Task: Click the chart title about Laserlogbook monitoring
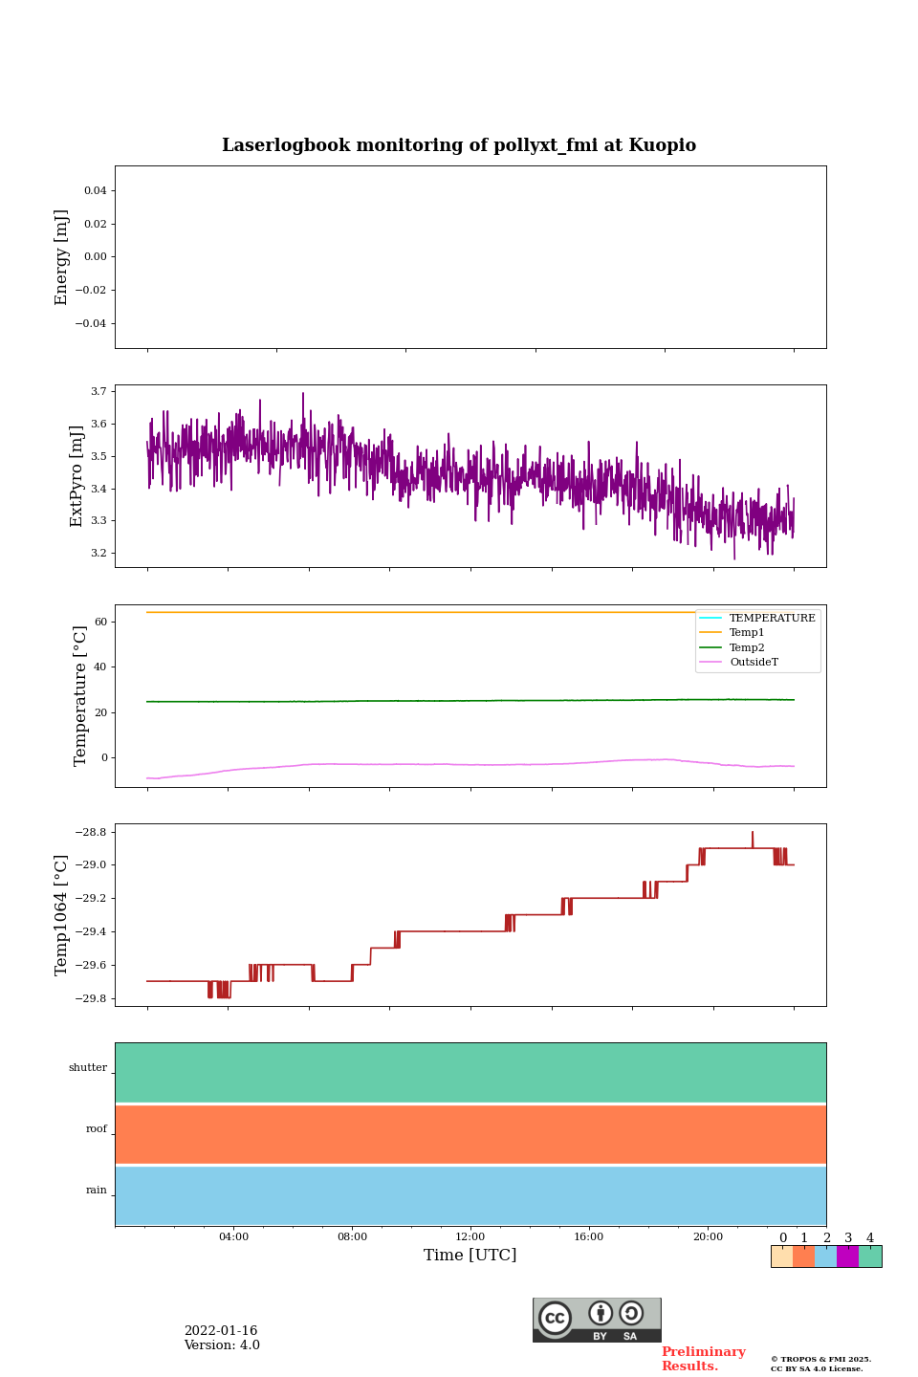point(459,145)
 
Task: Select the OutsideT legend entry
point(754,663)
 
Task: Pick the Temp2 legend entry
point(747,648)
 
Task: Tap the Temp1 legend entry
point(747,633)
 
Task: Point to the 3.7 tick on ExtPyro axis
point(98,392)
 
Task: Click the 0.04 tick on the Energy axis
point(95,191)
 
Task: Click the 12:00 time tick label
point(470,1237)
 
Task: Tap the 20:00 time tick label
point(708,1237)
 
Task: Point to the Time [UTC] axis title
point(470,1256)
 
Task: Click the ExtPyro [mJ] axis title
point(77,476)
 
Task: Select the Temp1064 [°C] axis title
point(62,915)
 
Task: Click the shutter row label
point(88,1068)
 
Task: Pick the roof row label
point(97,1129)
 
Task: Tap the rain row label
point(97,1191)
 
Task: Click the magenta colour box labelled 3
point(847,1257)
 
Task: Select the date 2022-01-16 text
point(221,1331)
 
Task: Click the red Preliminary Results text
point(703,1359)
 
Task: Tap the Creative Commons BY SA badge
point(597,1320)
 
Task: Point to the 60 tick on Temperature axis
point(100,623)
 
